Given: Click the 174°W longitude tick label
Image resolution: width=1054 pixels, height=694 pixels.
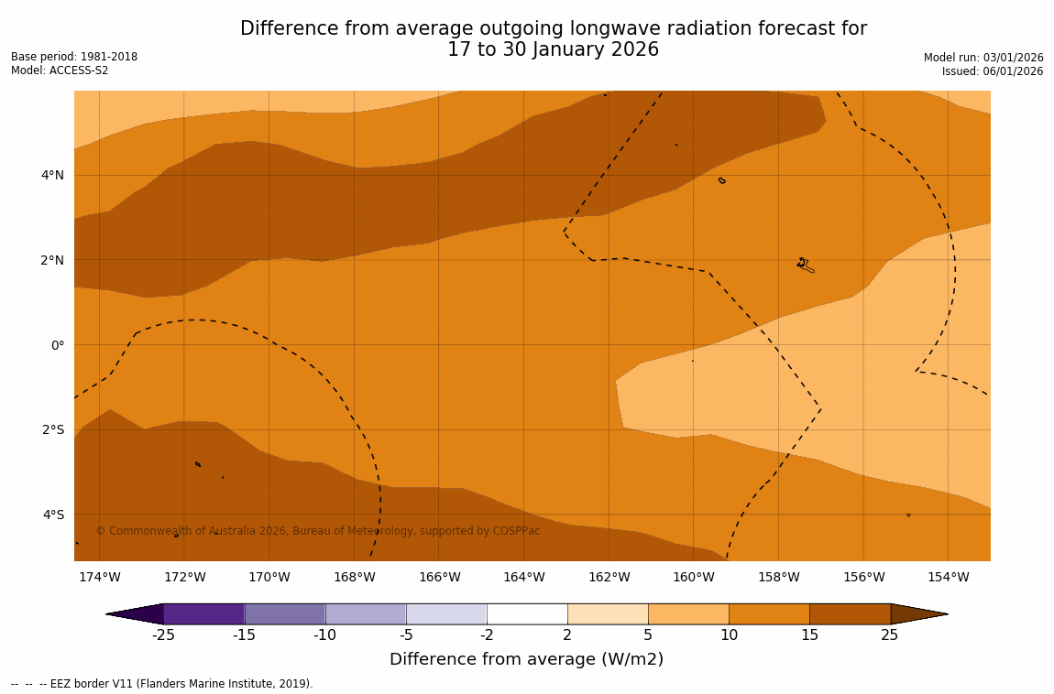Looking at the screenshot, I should (x=99, y=577).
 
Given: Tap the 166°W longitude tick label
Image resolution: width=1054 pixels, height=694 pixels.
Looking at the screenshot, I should (x=439, y=577).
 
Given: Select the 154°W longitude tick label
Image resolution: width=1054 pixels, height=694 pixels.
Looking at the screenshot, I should (x=948, y=577).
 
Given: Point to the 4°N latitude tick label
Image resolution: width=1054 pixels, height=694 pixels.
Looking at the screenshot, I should (x=53, y=175).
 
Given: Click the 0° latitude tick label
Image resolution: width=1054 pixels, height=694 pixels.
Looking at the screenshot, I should (x=58, y=345).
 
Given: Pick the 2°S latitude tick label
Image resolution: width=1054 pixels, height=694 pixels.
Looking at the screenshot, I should (x=53, y=429).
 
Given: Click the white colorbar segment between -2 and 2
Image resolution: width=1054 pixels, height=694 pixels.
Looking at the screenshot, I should (x=527, y=613).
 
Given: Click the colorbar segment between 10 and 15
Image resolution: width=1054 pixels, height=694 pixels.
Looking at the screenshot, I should (x=769, y=613).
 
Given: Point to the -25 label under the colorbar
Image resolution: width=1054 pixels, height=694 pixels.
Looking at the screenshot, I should (x=163, y=635).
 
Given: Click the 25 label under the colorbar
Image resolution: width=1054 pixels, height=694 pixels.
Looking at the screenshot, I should (x=890, y=635).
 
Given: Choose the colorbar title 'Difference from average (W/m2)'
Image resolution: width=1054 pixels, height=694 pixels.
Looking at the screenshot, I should (x=526, y=659).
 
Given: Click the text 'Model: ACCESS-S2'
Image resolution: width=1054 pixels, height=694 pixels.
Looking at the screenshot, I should (x=60, y=70).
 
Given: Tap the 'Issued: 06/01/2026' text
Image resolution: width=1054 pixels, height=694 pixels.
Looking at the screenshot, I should (x=993, y=71).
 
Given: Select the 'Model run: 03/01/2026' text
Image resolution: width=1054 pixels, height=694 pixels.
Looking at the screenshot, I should (x=983, y=58).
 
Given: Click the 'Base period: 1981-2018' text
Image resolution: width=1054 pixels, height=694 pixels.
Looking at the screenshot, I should (x=74, y=57).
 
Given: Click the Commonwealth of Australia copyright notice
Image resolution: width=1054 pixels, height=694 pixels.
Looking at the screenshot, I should (x=318, y=531).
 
